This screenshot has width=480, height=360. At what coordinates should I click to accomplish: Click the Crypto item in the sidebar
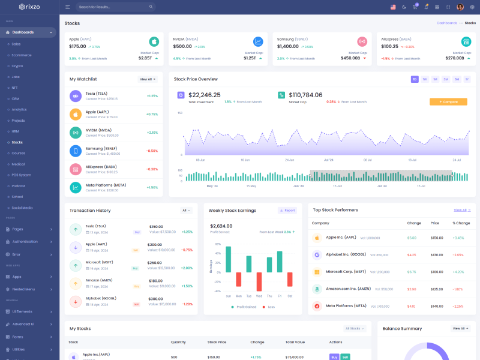17,66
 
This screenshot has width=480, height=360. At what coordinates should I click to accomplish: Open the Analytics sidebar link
19,109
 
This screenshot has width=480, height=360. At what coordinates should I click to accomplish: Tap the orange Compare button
448,102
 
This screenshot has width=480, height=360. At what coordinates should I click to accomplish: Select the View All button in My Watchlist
148,79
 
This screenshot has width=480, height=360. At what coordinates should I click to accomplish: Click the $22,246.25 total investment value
204,95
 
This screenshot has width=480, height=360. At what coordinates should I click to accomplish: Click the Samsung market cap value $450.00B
350,58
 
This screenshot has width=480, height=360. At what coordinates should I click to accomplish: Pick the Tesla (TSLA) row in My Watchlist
114,96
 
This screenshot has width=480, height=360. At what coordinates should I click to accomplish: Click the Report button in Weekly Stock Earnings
287,211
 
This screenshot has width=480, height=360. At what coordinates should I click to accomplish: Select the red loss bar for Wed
259,282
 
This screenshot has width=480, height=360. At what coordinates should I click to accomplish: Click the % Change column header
461,223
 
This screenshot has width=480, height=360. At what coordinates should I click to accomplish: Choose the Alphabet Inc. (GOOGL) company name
346,254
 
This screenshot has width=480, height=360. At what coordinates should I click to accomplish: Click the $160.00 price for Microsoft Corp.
437,272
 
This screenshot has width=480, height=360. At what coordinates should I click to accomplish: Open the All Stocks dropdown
354,329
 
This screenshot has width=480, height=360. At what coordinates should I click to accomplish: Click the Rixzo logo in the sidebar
29,7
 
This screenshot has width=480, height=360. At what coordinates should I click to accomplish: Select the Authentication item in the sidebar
25,242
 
